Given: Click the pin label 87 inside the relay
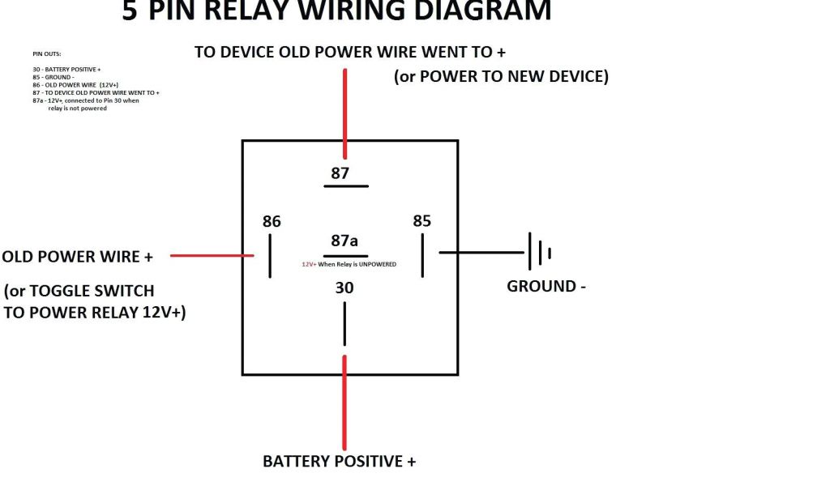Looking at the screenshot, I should pyautogui.click(x=340, y=173).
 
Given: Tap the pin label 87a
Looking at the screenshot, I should pyautogui.click(x=344, y=241).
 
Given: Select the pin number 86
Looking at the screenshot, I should pyautogui.click(x=272, y=221).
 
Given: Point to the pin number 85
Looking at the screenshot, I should pyautogui.click(x=421, y=221).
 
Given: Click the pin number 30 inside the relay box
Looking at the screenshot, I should pyautogui.click(x=344, y=288).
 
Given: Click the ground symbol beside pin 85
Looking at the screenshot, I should pyautogui.click(x=539, y=252).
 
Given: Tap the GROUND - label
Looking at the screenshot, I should pyautogui.click(x=545, y=286).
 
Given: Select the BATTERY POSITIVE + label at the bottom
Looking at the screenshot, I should pyautogui.click(x=339, y=462).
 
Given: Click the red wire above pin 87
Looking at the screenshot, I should pyautogui.click(x=345, y=113).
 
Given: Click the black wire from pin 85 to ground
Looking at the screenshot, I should pyautogui.click(x=482, y=252).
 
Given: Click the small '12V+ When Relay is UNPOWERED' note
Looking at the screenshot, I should pyautogui.click(x=349, y=265).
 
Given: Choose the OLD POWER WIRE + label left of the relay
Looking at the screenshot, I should pyautogui.click(x=78, y=257).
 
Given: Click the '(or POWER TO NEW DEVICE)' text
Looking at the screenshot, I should pyautogui.click(x=501, y=77).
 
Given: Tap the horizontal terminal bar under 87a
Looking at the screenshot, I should pyautogui.click(x=345, y=256).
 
